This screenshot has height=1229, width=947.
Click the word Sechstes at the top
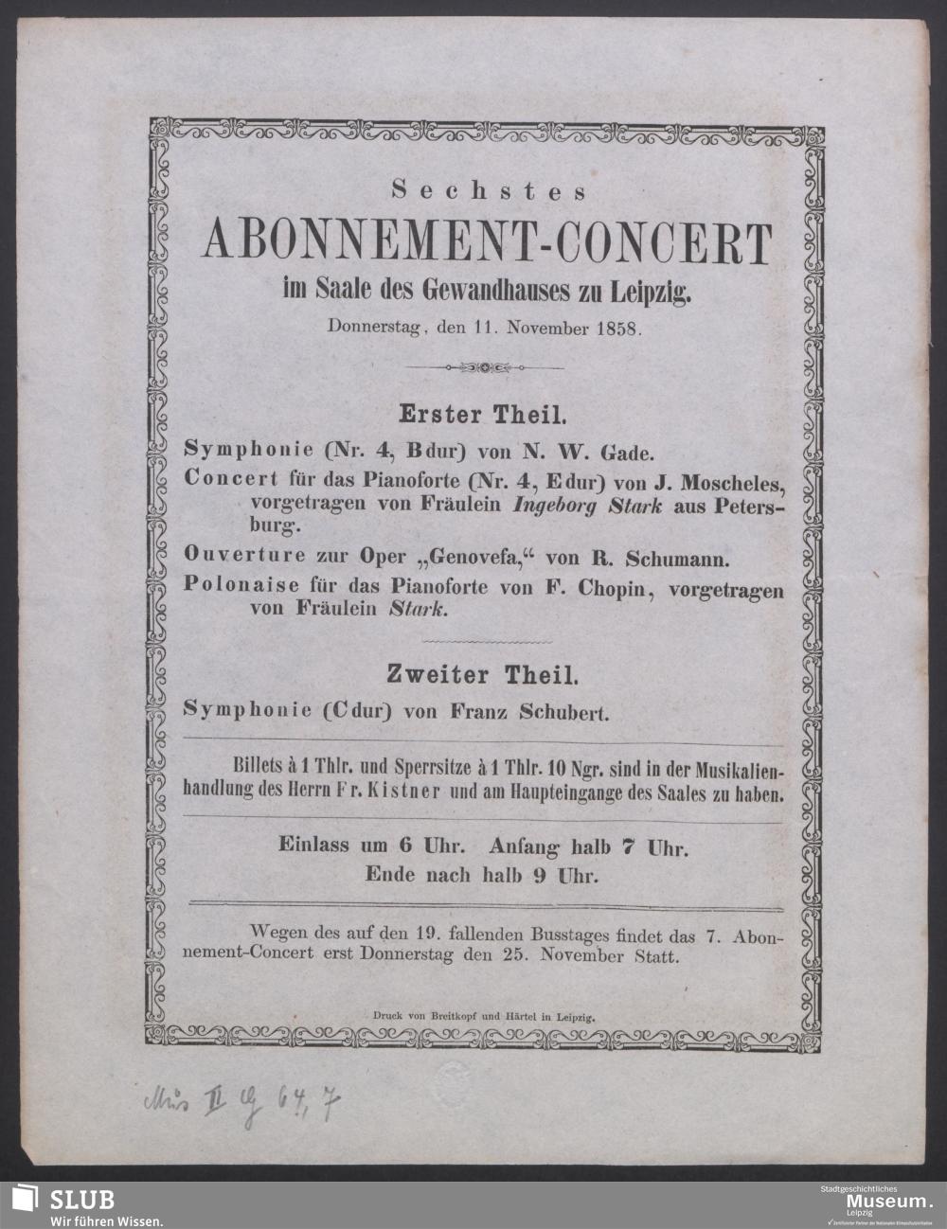tap(490, 190)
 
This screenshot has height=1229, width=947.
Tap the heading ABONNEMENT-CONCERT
tap(488, 245)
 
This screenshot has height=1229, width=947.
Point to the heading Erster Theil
tap(483, 414)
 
